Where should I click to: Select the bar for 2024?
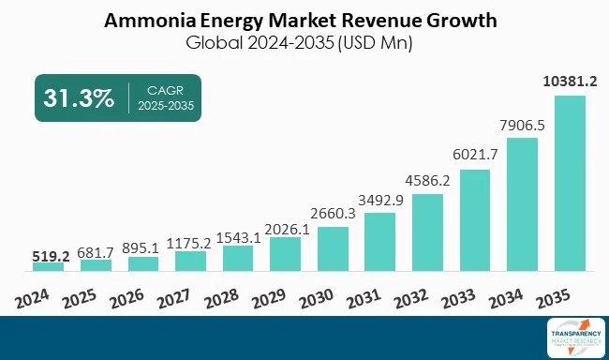point(48,266)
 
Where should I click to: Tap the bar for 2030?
point(333,248)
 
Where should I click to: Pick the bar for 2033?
point(475,220)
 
